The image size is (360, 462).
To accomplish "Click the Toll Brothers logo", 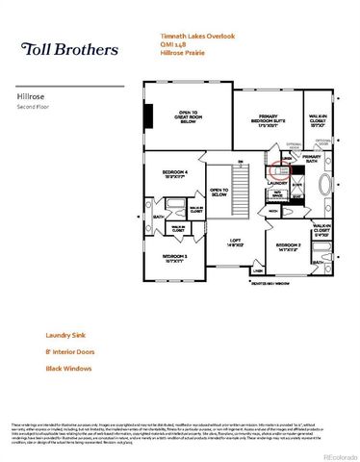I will (70, 49).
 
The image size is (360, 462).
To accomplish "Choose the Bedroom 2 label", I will (288, 246).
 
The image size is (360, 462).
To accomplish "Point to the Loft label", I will (235, 243).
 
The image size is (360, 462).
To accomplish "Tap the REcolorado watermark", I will (337, 454).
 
